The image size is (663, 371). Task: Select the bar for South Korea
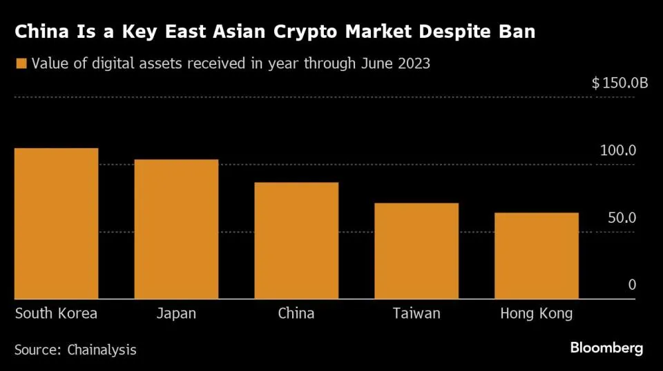coord(57,223)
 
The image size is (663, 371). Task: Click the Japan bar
coord(176,229)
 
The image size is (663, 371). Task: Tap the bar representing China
coord(296,241)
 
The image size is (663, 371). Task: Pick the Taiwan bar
coord(416,251)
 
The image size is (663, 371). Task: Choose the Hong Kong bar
coord(537,256)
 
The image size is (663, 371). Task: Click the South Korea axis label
coord(57,314)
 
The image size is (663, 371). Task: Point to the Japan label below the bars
coord(176,314)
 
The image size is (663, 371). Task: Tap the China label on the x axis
coord(296,314)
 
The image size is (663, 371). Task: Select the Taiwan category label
coord(416,314)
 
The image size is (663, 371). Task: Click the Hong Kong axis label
coord(537,314)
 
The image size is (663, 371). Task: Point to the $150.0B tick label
coord(619,83)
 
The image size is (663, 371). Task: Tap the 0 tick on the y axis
coord(631,285)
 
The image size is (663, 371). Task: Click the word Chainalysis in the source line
coord(102,350)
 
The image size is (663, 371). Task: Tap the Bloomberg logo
coord(606,348)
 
